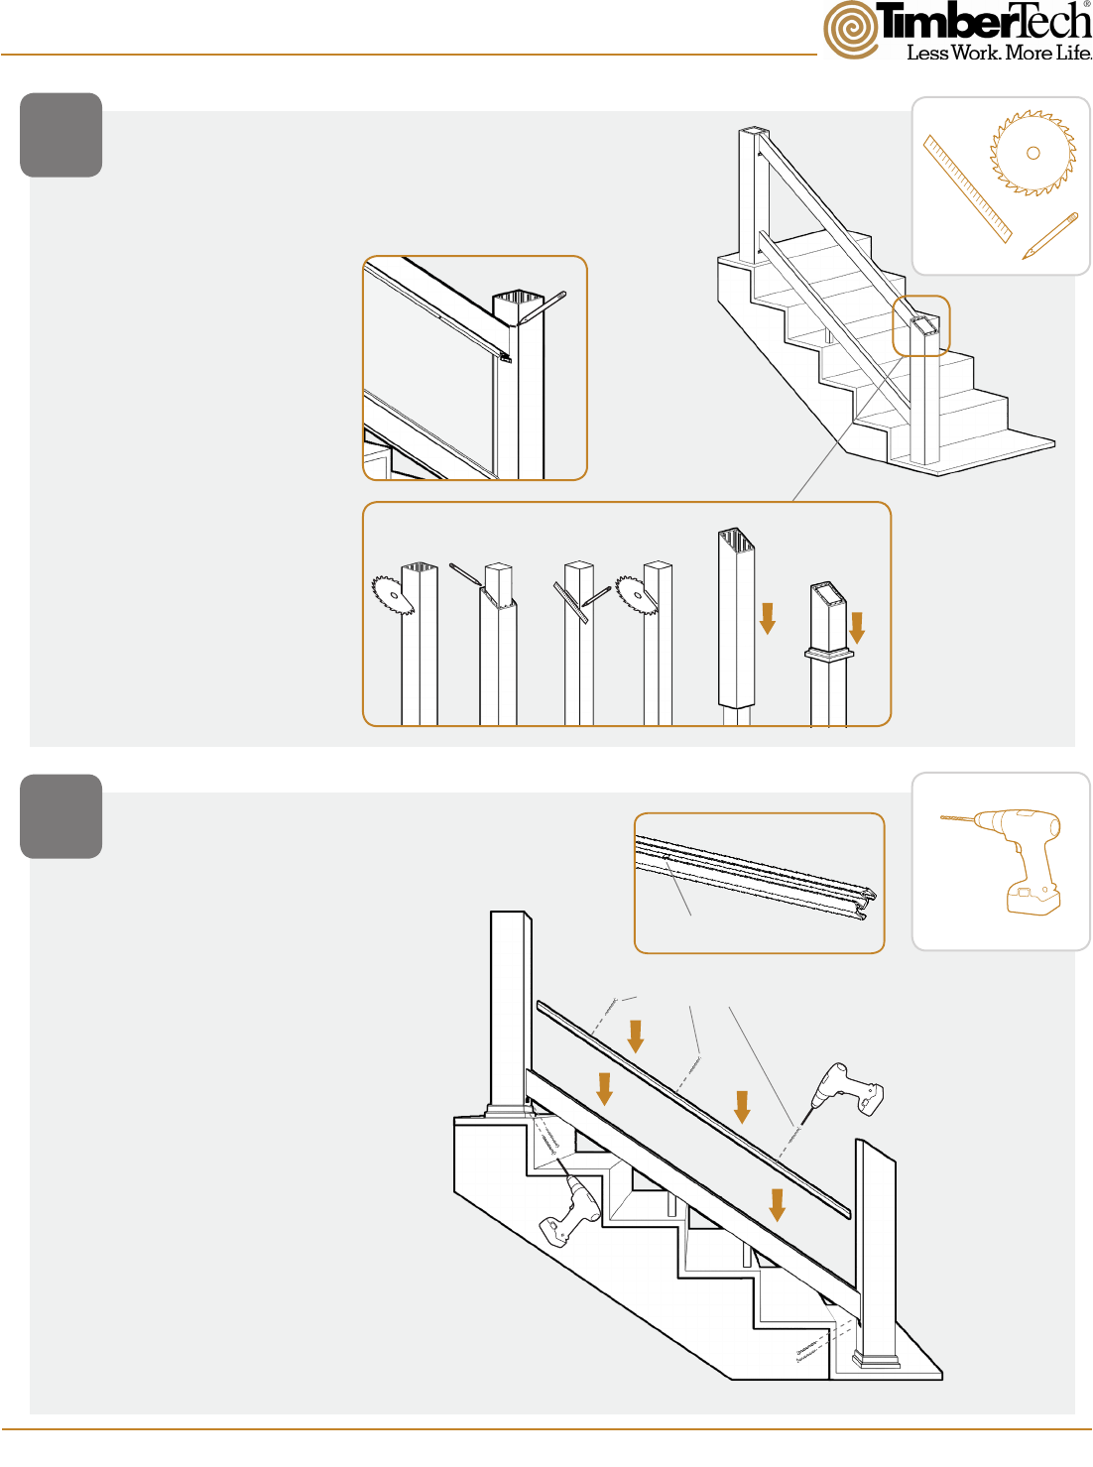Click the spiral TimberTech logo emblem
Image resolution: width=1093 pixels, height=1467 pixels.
(x=851, y=30)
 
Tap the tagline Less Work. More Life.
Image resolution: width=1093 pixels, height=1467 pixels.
(x=999, y=53)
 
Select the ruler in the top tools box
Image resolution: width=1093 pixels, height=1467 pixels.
(x=967, y=189)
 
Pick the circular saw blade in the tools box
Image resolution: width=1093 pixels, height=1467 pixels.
(x=1032, y=153)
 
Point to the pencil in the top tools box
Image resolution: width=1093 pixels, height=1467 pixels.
(x=1050, y=235)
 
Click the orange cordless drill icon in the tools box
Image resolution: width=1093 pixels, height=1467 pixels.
(x=1005, y=861)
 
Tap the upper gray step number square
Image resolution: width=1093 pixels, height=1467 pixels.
(x=61, y=135)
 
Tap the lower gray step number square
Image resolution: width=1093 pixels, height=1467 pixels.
(x=61, y=816)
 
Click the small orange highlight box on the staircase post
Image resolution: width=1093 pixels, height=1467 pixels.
(x=921, y=326)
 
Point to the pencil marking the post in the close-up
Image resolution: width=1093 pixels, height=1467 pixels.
(x=543, y=306)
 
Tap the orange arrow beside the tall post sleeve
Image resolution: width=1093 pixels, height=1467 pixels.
(x=768, y=618)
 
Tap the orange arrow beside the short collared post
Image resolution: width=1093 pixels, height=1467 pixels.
(x=857, y=628)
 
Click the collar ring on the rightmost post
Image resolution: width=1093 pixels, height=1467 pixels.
(x=829, y=654)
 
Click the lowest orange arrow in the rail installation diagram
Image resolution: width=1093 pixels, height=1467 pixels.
(x=778, y=1205)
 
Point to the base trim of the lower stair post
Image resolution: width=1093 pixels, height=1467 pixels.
(x=876, y=1360)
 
